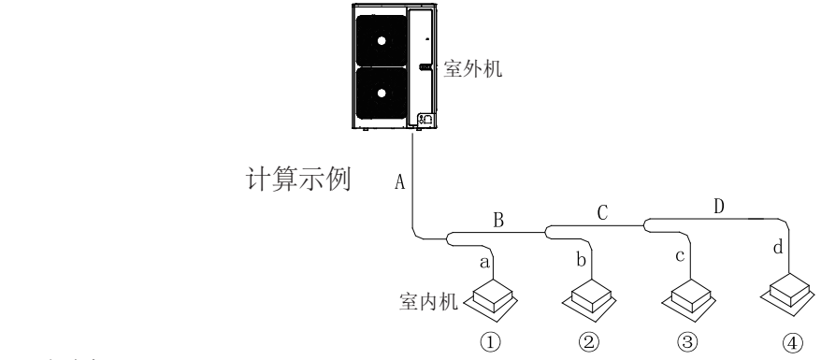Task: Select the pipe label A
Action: (x=400, y=182)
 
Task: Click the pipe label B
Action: (x=498, y=221)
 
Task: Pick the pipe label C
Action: (x=603, y=213)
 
